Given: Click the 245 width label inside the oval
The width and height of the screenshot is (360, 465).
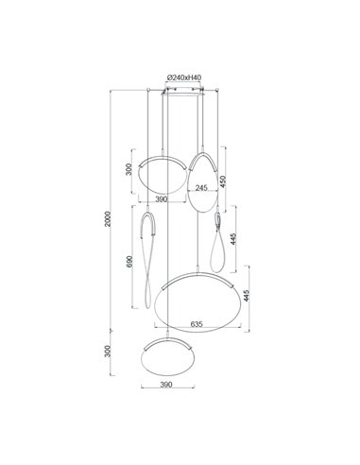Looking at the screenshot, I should coord(201,188).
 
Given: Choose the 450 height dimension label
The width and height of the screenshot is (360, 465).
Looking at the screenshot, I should coord(224,181).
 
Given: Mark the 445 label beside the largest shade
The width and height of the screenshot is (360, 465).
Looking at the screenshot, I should coord(248,300).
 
